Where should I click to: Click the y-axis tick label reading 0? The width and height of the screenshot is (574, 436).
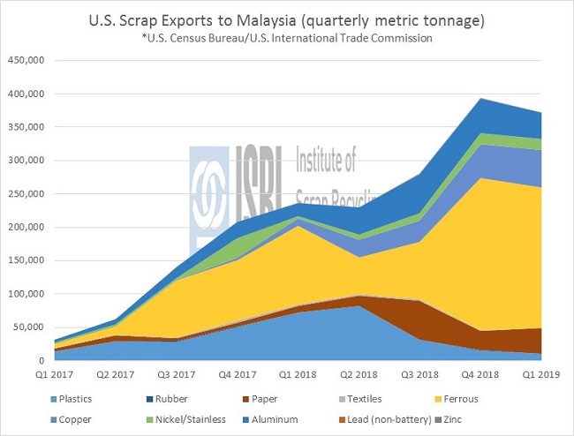point(39,361)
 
